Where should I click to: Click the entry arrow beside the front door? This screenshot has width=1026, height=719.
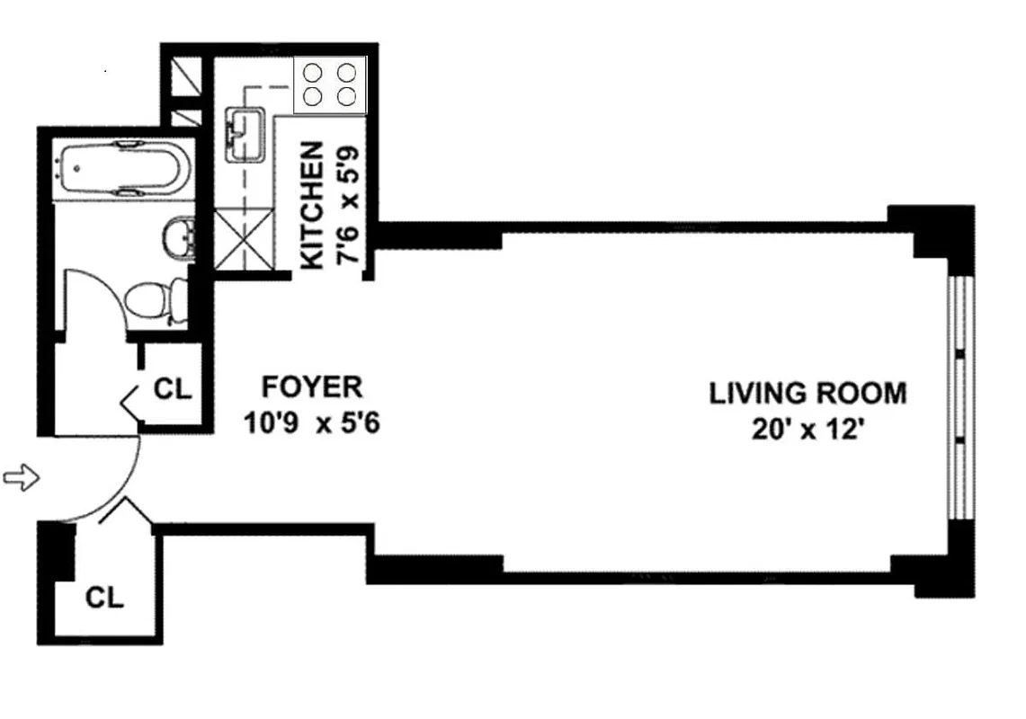point(22,478)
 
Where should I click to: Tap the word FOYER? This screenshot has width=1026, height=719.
point(311,387)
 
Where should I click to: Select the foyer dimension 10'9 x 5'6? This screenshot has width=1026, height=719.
point(311,422)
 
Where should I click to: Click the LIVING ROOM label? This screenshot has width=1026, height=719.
point(807,394)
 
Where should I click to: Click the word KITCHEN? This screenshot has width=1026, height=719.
point(311,206)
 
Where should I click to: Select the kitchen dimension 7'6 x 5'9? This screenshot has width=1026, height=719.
point(348,206)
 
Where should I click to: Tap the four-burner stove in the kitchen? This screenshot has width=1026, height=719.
point(330,84)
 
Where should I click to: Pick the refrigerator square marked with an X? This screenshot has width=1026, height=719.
point(243,240)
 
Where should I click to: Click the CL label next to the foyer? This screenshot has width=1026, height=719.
point(173,389)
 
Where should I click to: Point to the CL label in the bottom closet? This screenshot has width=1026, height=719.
point(104,597)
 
